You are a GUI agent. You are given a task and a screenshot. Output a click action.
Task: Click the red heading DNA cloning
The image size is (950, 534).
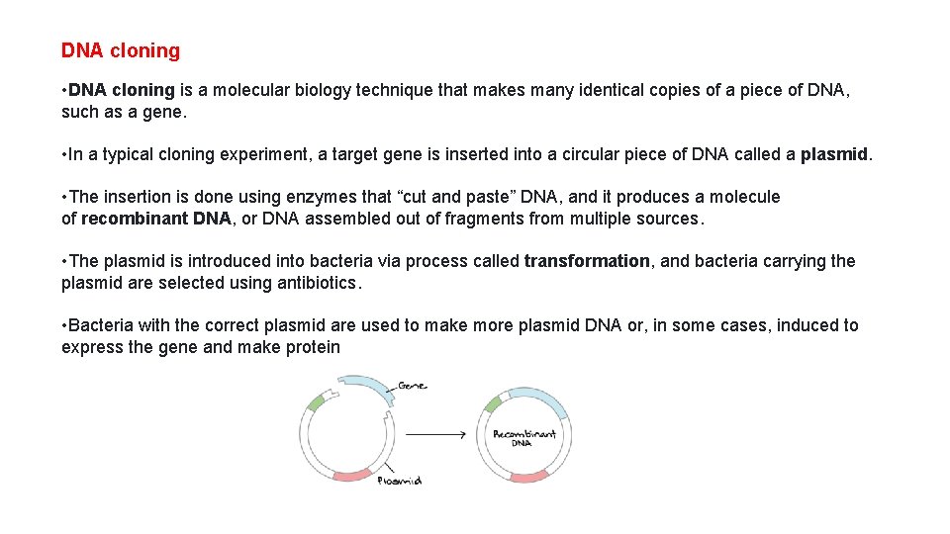pos(121,50)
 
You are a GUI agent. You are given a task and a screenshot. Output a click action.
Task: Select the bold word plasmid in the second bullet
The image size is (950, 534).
pos(835,154)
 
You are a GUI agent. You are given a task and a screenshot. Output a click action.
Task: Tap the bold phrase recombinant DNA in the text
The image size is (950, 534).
pos(155,219)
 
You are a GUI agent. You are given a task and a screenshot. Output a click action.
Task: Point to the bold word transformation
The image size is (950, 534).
pos(587,261)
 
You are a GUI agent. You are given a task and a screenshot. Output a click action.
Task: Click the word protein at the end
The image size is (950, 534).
pos(311,347)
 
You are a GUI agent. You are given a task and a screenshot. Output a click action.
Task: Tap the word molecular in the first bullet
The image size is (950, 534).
pos(258,90)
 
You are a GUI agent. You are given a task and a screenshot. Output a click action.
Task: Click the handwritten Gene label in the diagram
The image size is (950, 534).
pos(413,385)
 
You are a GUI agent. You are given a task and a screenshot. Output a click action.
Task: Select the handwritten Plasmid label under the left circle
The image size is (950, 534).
pos(400,481)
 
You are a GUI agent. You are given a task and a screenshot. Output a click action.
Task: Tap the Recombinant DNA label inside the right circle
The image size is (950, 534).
pos(523,436)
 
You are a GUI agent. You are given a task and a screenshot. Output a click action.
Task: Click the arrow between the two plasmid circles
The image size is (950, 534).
pos(435,434)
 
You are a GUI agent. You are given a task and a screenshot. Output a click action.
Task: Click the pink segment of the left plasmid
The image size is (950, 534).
pos(351,476)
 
